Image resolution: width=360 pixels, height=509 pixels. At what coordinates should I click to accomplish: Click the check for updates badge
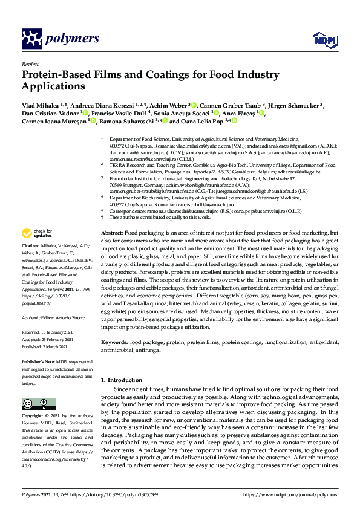click(x=37, y=233)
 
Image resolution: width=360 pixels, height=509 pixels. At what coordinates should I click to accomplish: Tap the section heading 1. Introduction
click(x=121, y=380)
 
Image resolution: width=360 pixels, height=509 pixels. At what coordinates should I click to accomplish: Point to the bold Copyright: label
click(x=33, y=417)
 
